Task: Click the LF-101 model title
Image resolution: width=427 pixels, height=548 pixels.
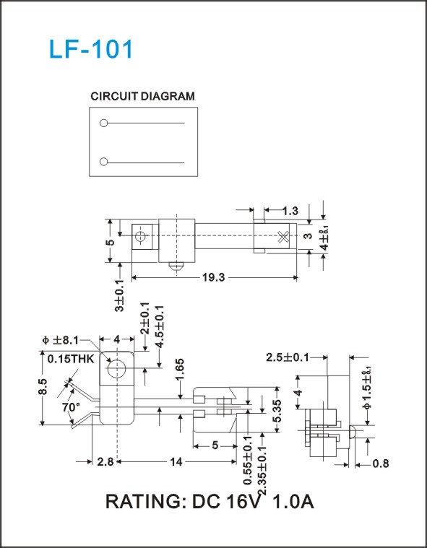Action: pos(91,49)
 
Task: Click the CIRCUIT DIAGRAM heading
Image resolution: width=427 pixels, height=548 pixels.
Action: pos(142,96)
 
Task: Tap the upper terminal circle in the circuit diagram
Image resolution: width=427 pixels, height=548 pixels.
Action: pos(103,123)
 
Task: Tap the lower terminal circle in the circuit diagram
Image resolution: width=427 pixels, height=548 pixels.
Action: pos(103,162)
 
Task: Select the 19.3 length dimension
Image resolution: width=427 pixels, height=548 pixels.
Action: pos(214,278)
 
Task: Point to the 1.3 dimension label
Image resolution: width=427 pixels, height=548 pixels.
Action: pos(290,211)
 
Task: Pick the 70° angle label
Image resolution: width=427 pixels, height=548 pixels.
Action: pos(71,407)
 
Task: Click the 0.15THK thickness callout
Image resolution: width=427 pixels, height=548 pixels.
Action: pos(71,359)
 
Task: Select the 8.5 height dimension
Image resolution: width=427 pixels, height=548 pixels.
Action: pos(43,386)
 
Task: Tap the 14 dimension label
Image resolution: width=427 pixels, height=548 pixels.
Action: pos(176,462)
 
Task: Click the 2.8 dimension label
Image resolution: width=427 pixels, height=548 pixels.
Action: pos(105,462)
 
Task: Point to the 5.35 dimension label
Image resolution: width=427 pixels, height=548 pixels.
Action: pos(277,411)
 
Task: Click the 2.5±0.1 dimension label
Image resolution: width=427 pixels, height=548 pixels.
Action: pos(288,357)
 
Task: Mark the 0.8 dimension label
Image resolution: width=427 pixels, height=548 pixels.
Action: pos(381,464)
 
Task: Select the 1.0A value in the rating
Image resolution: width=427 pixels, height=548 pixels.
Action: pos(293,502)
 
